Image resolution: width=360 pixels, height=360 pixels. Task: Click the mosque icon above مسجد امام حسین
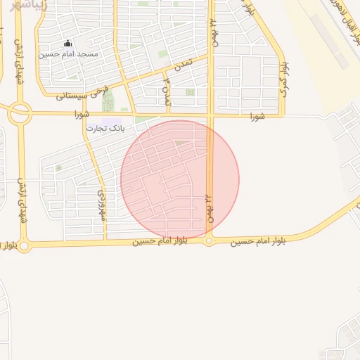[67, 43]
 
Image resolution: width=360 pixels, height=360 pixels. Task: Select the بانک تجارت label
[106, 128]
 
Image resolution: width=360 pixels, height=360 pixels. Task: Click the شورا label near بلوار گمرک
[257, 115]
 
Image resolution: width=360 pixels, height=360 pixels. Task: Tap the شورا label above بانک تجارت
[82, 115]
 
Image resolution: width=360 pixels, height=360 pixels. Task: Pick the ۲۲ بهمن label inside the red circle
[209, 207]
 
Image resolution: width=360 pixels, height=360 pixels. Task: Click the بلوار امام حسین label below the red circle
[162, 241]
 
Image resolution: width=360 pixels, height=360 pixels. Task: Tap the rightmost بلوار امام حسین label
[261, 241]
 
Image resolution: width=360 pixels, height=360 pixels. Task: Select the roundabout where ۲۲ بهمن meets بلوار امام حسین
[209, 241]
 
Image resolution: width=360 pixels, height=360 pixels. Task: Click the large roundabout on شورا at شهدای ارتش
[20, 111]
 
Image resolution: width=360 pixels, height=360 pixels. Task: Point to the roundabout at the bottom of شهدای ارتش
[25, 246]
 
